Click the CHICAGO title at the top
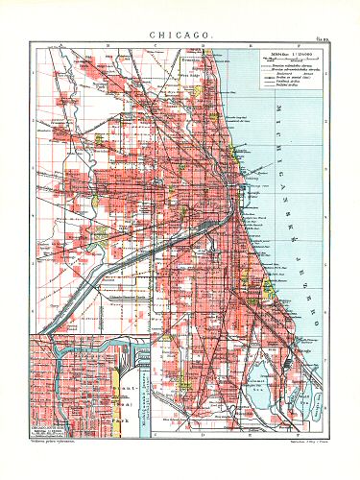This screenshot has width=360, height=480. (x=180, y=34)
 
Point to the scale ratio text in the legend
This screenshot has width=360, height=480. (x=278, y=53)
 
